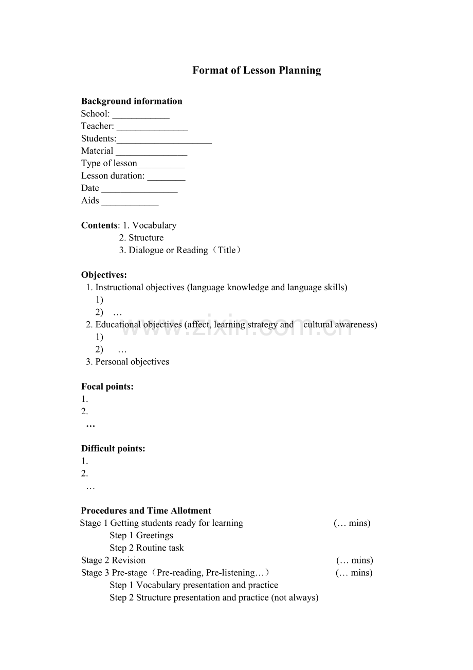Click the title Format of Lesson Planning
click(x=257, y=70)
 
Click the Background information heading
click(x=132, y=101)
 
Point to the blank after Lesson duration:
click(x=166, y=177)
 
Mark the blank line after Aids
click(x=130, y=202)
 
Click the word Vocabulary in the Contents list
click(x=154, y=225)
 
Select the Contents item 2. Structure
click(x=141, y=238)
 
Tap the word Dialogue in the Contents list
click(x=146, y=251)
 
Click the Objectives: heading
click(x=104, y=275)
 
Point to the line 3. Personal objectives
click(x=128, y=362)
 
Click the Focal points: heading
click(x=107, y=386)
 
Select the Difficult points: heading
click(x=113, y=449)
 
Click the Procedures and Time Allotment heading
click(x=146, y=511)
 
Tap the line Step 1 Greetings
click(x=141, y=536)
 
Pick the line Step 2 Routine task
click(x=147, y=548)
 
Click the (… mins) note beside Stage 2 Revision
click(x=355, y=560)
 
